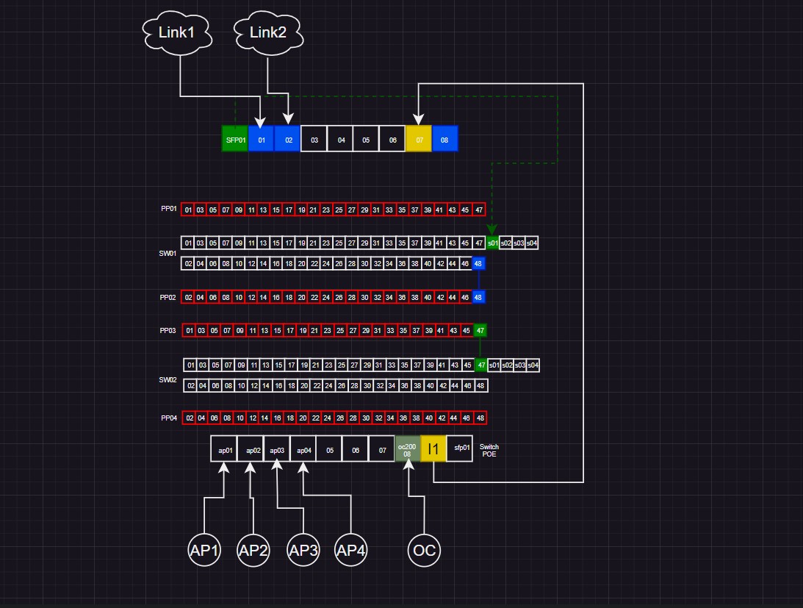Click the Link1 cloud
pos(177,32)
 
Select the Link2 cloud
pos(268,32)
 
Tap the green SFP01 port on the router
pos(235,139)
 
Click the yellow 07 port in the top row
pos(419,139)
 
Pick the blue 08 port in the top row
pos(444,139)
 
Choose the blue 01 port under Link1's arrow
pos(262,139)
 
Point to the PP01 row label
pos(168,209)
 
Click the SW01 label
pos(168,253)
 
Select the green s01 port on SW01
pos(492,243)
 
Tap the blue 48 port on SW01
pos(478,263)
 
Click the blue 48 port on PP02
pos(478,297)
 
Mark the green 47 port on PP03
pos(480,331)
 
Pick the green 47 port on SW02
pos(481,365)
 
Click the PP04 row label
pos(169,418)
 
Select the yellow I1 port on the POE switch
pos(433,449)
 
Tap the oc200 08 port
pos(407,449)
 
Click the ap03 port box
pos(276,449)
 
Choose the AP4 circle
pos(350,550)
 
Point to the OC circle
pos(424,550)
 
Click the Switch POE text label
pos(489,450)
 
